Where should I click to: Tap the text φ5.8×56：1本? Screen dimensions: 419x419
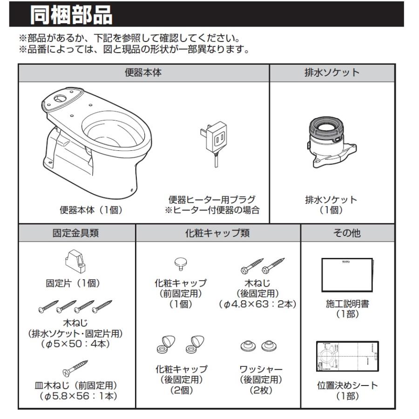coord(76,395)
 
